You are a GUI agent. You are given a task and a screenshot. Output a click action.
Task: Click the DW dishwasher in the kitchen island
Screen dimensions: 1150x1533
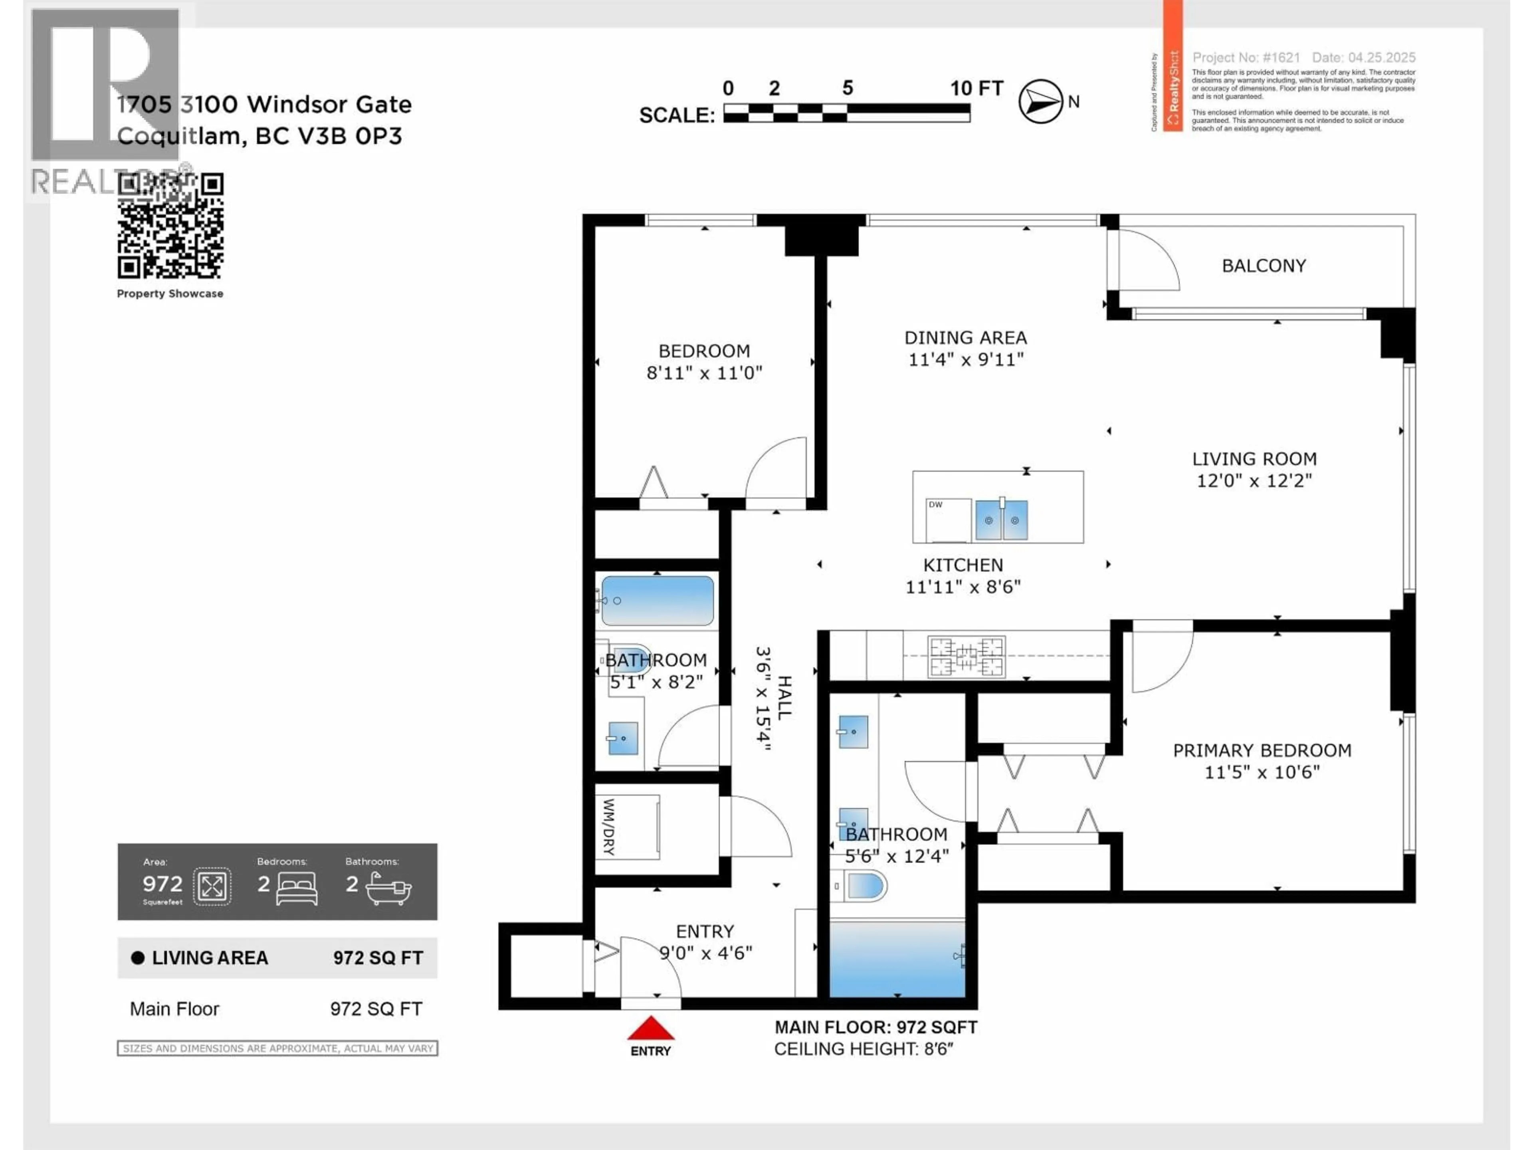(948, 520)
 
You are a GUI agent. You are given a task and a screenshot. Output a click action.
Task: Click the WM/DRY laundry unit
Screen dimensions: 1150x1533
(627, 827)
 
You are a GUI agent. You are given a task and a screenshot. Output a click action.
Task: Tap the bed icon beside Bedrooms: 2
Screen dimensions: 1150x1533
(297, 888)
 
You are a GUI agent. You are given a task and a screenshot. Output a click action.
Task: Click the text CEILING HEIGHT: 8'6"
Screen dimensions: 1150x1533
(864, 1049)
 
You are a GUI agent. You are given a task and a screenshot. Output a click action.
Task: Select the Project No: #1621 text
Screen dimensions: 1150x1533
(1246, 57)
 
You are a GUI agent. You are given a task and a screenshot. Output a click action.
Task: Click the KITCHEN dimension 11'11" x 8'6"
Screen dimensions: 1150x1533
(963, 587)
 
